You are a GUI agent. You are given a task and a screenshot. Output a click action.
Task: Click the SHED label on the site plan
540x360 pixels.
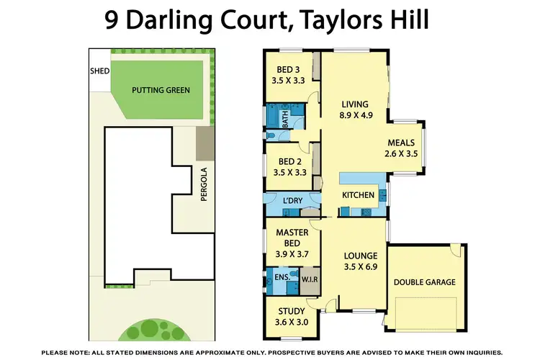click(99, 72)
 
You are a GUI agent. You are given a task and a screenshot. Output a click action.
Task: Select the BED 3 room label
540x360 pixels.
click(288, 69)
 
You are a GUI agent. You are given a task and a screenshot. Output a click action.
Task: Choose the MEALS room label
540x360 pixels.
click(401, 142)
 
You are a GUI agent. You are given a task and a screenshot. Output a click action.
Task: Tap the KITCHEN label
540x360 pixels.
click(358, 195)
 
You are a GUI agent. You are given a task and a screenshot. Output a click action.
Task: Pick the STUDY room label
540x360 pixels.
click(292, 311)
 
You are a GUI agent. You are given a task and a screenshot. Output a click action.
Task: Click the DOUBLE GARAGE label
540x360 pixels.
click(424, 282)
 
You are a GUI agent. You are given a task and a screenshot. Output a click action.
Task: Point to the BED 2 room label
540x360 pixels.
click(288, 161)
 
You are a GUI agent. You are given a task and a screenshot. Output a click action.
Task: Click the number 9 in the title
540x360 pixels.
click(114, 20)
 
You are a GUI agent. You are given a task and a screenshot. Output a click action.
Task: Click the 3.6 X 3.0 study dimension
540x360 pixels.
click(292, 322)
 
